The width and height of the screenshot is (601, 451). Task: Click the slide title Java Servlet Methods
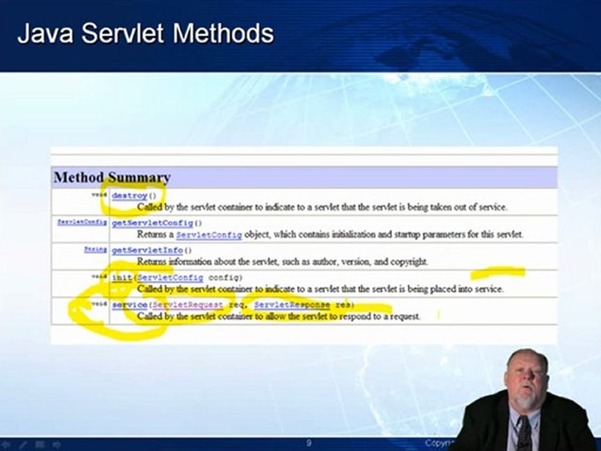coord(145,33)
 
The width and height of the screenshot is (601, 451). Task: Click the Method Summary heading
coord(111,178)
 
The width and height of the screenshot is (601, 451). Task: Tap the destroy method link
coord(129,195)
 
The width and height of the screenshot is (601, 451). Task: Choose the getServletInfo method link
coord(147,250)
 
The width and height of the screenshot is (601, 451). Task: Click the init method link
coord(121,277)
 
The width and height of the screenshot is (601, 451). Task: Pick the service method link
coord(130,304)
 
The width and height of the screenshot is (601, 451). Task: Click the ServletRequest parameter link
coord(188,304)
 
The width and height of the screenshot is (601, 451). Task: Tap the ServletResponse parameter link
coord(292,304)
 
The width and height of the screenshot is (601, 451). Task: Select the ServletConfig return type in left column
coord(82,222)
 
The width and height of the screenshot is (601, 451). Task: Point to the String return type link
coord(96,249)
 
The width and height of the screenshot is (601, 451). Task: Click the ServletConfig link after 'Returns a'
coord(208,235)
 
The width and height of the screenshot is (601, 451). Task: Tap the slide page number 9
coord(309,443)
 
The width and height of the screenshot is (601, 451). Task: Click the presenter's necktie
coord(523,432)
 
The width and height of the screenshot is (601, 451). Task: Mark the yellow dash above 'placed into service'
coord(498,272)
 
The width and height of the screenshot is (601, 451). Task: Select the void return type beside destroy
coord(100,195)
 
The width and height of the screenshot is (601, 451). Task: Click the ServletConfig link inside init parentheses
coord(170,277)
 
